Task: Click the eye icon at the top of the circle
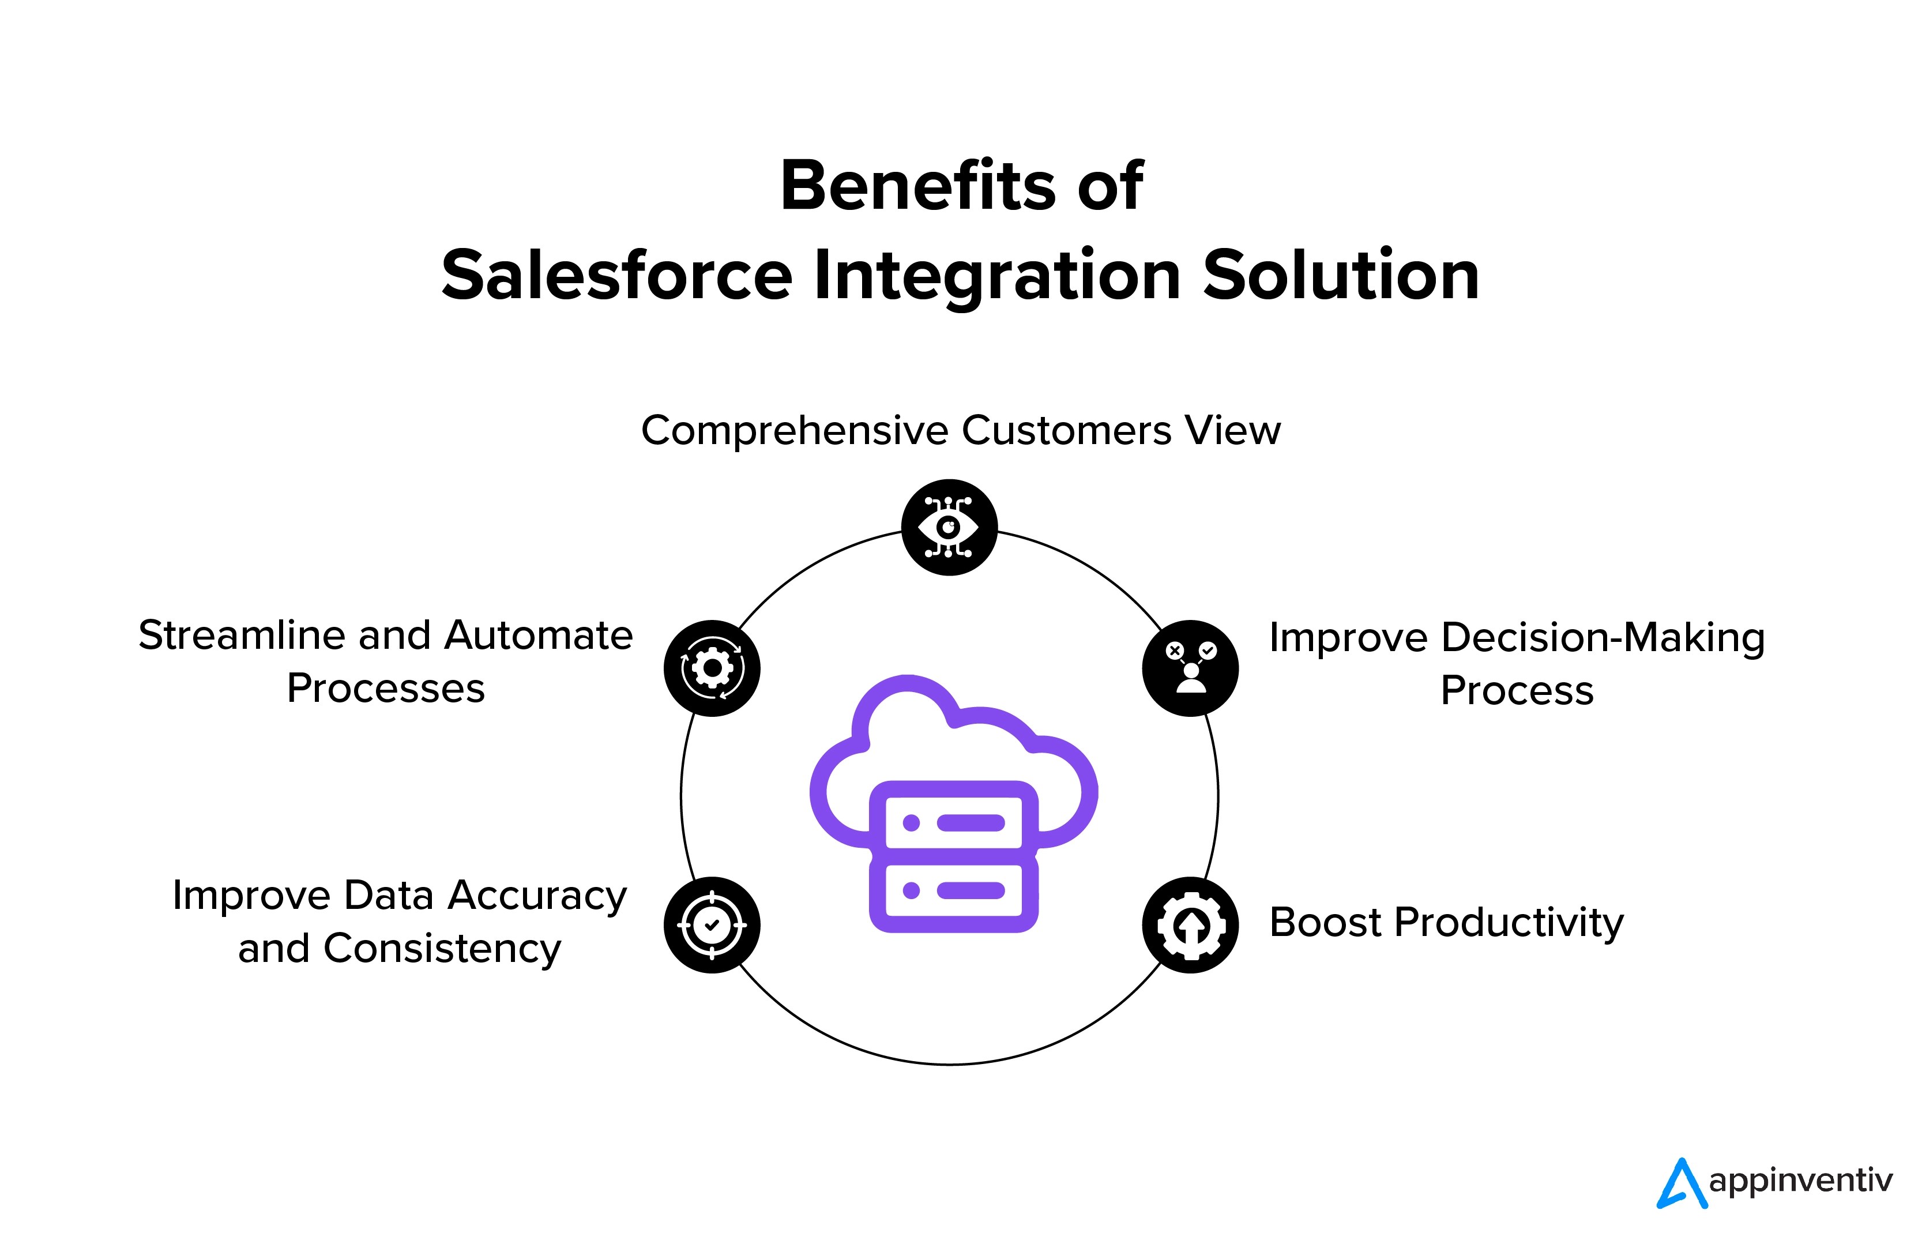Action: (x=949, y=527)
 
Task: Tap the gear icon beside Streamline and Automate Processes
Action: (x=712, y=668)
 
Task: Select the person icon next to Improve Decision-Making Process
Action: (x=1190, y=668)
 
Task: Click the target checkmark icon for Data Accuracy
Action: (x=712, y=925)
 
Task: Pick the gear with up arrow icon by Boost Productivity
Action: (x=1190, y=925)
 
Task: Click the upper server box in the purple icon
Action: (x=953, y=823)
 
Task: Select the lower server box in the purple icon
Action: (x=953, y=891)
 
